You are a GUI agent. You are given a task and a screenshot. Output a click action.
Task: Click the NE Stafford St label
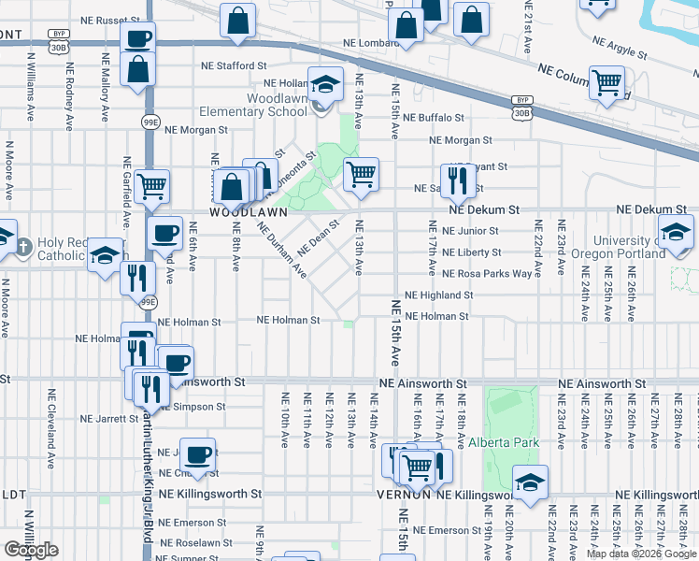click(x=235, y=65)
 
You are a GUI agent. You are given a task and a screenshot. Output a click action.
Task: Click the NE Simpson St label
click(x=191, y=407)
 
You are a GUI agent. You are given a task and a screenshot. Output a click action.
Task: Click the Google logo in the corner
click(x=31, y=550)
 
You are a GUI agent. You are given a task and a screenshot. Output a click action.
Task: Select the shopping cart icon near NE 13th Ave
click(x=361, y=173)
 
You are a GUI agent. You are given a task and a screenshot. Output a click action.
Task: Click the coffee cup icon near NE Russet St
click(x=137, y=38)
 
